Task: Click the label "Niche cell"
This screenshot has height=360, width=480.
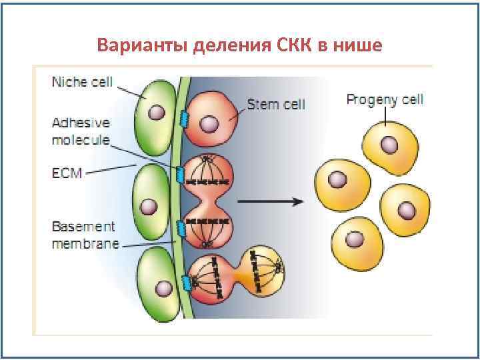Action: tap(82, 83)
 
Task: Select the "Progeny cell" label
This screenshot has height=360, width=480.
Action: tap(385, 100)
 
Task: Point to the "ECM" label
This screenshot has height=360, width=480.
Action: tap(67, 173)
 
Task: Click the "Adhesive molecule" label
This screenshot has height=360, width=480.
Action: tap(81, 131)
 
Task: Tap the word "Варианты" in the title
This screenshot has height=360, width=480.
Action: tap(142, 46)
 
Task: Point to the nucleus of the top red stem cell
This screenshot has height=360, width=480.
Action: tap(209, 123)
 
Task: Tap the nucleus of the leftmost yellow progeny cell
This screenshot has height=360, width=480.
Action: tap(339, 179)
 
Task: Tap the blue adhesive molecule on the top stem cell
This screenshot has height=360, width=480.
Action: tap(183, 118)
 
